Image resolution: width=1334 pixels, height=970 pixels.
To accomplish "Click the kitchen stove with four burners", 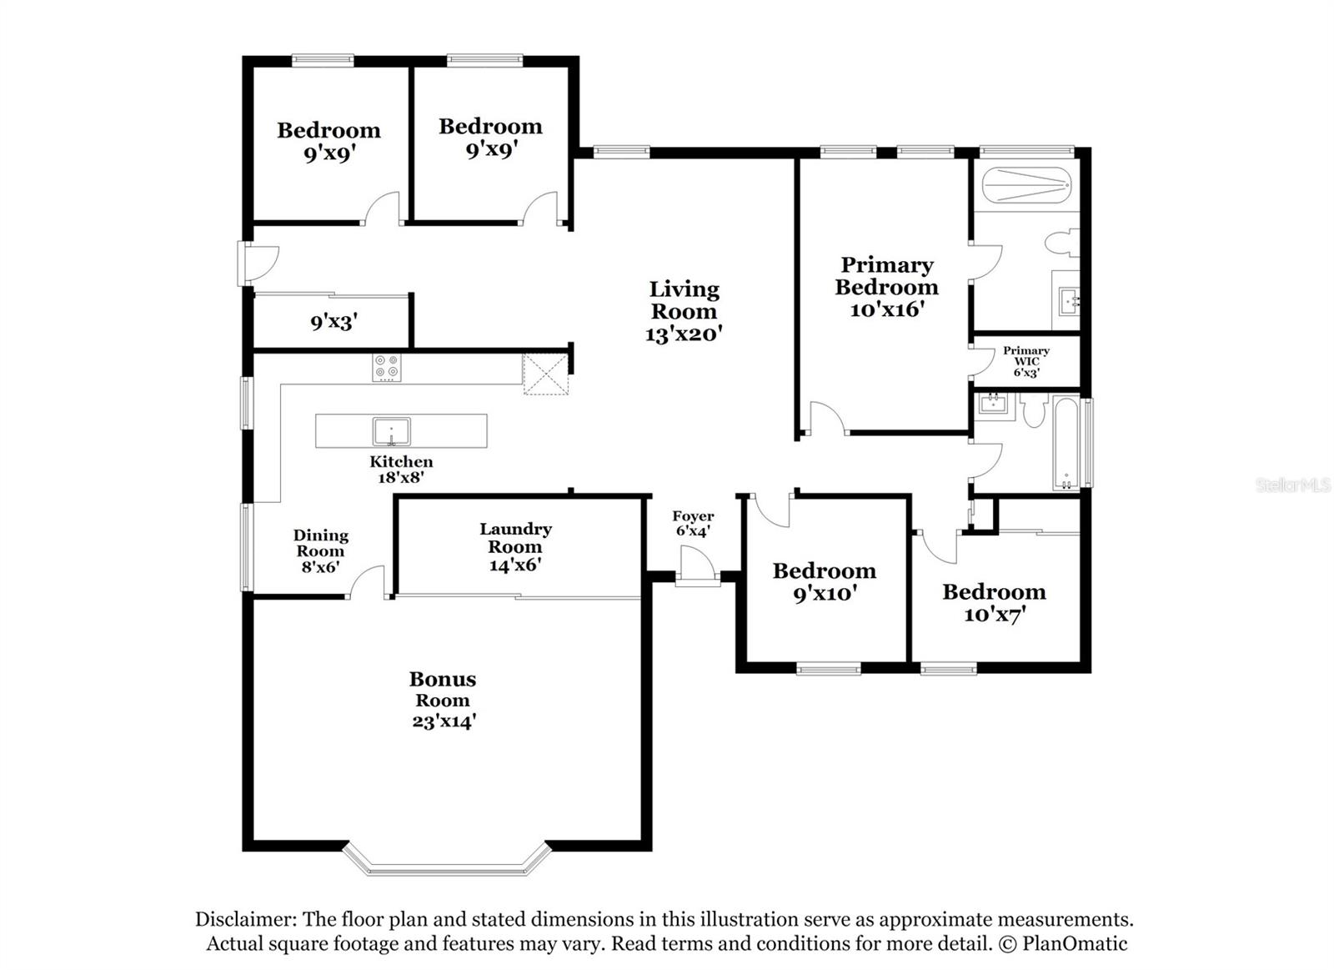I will (x=387, y=368).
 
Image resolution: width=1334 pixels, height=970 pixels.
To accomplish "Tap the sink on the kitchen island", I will (x=391, y=431).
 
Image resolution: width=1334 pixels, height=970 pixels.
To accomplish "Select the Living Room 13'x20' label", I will (x=684, y=311).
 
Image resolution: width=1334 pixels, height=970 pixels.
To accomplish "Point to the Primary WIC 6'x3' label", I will (x=1026, y=361).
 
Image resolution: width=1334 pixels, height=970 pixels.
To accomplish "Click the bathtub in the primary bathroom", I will (x=1026, y=185).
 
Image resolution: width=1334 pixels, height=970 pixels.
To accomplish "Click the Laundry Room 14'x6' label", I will (x=515, y=547).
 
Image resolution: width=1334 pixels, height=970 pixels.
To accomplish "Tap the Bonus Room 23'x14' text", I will (x=443, y=700).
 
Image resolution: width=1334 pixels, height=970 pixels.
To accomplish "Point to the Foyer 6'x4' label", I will (x=693, y=524).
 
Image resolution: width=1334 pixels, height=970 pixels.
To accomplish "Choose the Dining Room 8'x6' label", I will (x=320, y=550).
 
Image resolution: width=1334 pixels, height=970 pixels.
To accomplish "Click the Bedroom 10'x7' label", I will (x=994, y=602).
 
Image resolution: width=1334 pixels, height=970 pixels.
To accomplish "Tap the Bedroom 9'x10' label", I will (x=824, y=581).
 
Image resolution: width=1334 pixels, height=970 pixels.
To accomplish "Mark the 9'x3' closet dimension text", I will (x=334, y=321).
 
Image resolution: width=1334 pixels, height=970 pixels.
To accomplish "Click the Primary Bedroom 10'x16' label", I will (x=886, y=287).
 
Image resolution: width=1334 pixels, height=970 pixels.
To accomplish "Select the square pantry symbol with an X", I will (x=545, y=374).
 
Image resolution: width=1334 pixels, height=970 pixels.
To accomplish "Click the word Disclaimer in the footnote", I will (x=244, y=919).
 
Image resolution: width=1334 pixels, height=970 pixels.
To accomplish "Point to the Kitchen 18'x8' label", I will (x=401, y=469).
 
